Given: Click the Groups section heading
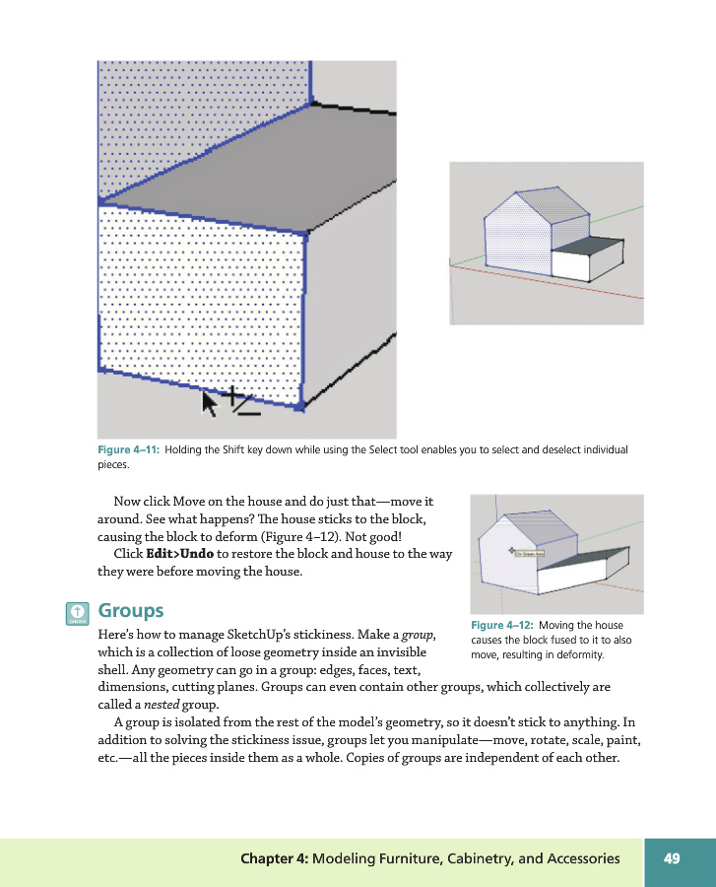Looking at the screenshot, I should pyautogui.click(x=131, y=612).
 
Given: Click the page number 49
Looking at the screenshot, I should pyautogui.click(x=672, y=858).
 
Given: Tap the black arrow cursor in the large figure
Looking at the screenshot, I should pyautogui.click(x=210, y=402).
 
